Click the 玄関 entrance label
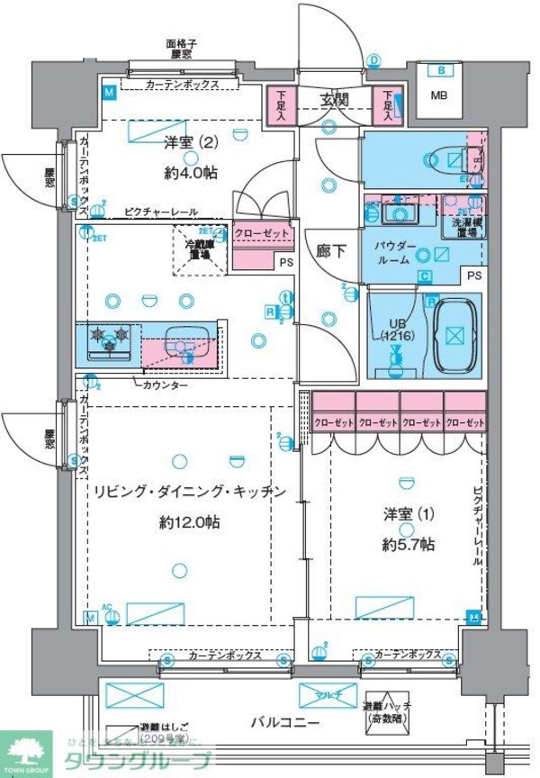pyautogui.click(x=334, y=100)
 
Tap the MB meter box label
pyautogui.click(x=440, y=96)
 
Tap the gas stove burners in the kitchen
pyautogui.click(x=108, y=340)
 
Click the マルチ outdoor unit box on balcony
pyautogui.click(x=322, y=694)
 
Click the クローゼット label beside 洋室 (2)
pyautogui.click(x=261, y=233)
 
